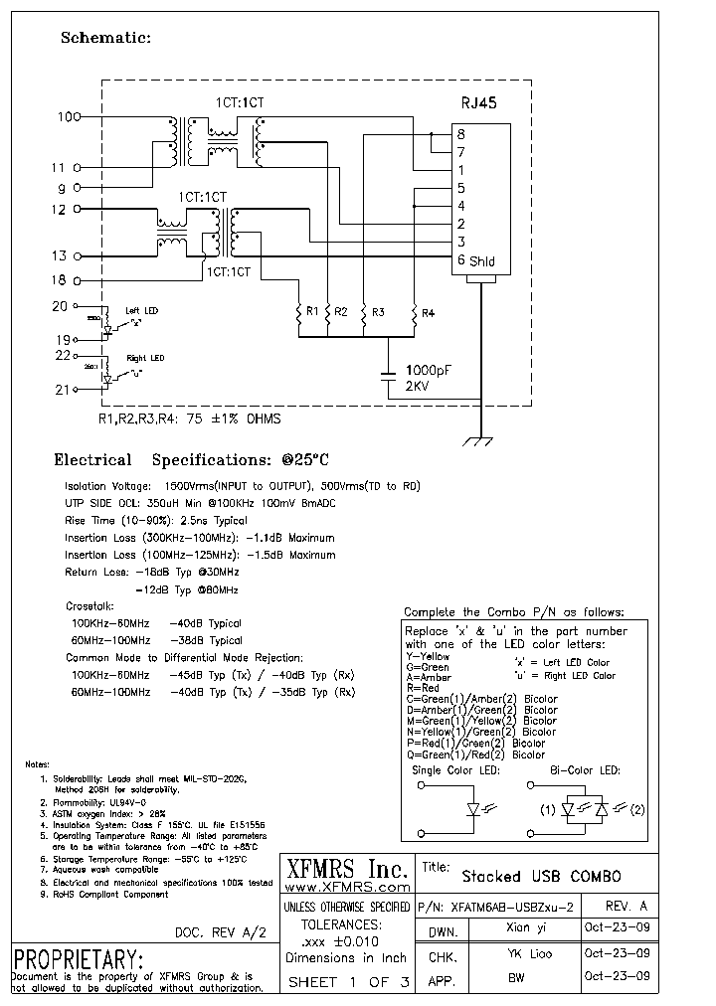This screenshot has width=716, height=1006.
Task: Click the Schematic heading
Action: point(105,38)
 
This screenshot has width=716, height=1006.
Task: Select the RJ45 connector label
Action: point(479,101)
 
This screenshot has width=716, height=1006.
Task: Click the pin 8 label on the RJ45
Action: point(460,134)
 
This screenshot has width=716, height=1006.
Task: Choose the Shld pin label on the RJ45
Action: point(482,261)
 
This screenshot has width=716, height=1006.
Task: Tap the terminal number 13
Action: point(59,255)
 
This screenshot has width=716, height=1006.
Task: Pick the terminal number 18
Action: point(59,281)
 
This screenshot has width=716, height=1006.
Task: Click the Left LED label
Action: point(141,311)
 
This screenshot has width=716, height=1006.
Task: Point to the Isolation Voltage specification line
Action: point(242,486)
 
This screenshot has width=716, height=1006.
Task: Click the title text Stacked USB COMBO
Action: point(541,876)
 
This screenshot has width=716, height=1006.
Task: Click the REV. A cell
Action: point(626,907)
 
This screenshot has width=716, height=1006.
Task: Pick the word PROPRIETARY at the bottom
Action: point(80,959)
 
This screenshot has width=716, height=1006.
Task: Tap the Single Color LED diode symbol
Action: point(474,809)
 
